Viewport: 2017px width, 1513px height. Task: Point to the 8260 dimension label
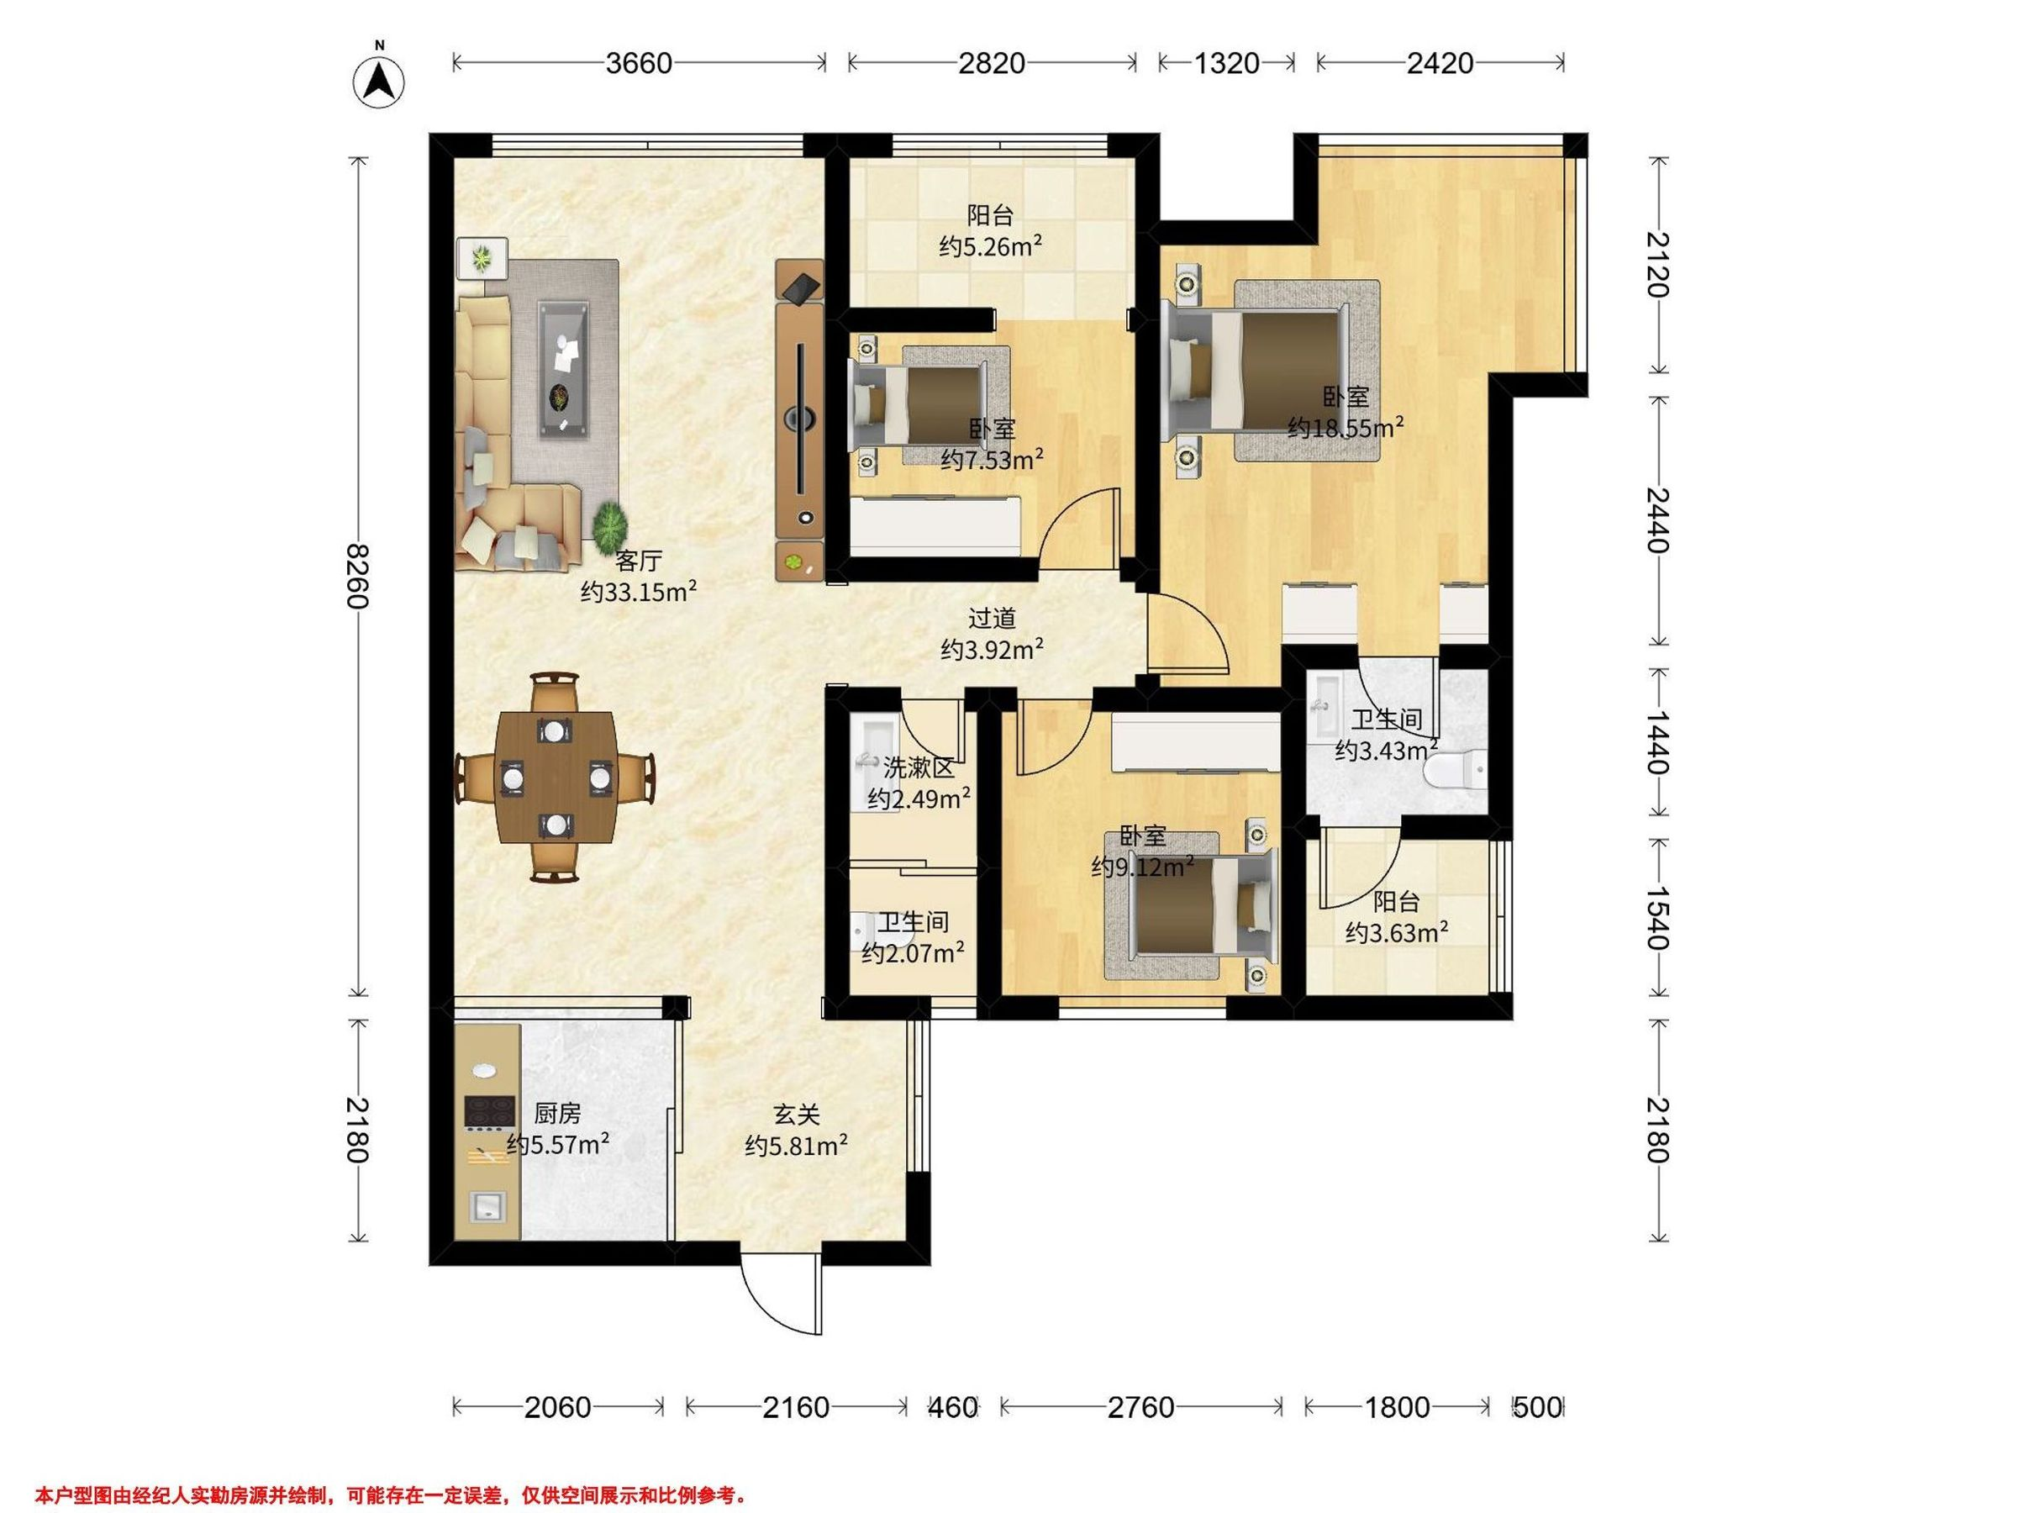357,577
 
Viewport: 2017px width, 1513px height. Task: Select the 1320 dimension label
1226,63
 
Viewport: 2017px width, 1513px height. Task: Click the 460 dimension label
954,1407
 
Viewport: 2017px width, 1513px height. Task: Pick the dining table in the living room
555,778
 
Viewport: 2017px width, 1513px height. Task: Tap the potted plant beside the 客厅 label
609,526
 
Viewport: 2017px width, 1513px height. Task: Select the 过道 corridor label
991,619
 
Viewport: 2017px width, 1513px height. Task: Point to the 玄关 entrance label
797,1115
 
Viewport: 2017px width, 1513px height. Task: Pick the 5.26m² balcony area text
991,246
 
